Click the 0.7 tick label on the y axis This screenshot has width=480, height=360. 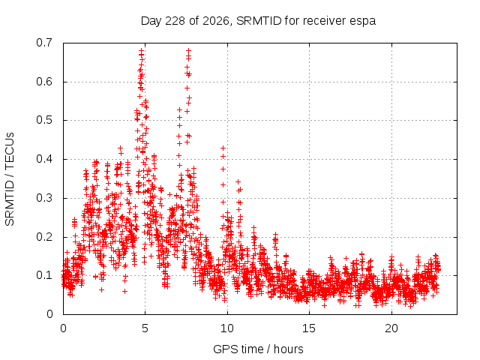tap(44, 43)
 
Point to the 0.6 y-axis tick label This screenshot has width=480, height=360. tap(44, 82)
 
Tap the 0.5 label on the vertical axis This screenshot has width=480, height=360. tap(44, 120)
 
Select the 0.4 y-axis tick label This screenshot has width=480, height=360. tap(44, 159)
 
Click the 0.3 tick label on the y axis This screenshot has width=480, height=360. tap(44, 198)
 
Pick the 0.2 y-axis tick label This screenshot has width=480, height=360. tap(44, 237)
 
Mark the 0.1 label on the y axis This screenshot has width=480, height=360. tap(44, 275)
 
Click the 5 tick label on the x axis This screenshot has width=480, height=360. tap(145, 328)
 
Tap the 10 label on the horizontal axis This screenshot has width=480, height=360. tap(227, 328)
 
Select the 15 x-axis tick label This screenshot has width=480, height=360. tap(309, 328)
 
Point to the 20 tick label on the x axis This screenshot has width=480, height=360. tap(391, 328)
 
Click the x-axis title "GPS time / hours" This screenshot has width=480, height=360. tap(258, 349)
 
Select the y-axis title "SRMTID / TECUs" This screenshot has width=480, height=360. tap(10, 179)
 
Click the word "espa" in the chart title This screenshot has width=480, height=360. tap(363, 21)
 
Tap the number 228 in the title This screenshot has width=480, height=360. tap(175, 20)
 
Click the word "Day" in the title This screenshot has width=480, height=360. tap(151, 21)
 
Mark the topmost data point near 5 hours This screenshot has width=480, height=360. tap(141, 50)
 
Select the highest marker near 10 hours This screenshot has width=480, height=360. tap(223, 148)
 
